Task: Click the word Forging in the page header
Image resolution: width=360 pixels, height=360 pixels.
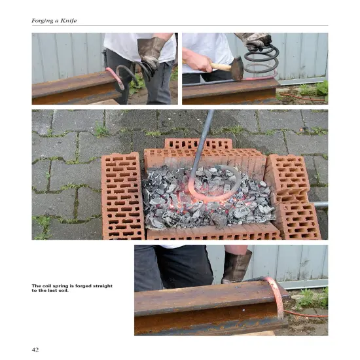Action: pyautogui.click(x=43, y=21)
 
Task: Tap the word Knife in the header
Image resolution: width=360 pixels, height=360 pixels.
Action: pyautogui.click(x=69, y=21)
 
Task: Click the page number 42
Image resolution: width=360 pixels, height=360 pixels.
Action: pyautogui.click(x=35, y=350)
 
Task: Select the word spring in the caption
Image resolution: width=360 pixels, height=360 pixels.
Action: pyautogui.click(x=63, y=286)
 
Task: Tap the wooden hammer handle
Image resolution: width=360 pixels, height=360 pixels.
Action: pyautogui.click(x=220, y=66)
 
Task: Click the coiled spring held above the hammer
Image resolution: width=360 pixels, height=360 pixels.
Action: pyautogui.click(x=261, y=59)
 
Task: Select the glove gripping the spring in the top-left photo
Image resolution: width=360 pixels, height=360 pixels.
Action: pyautogui.click(x=151, y=53)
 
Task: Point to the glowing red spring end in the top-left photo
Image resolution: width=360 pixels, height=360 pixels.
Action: pyautogui.click(x=115, y=77)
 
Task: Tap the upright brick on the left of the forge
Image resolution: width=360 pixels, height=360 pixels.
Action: pyautogui.click(x=122, y=196)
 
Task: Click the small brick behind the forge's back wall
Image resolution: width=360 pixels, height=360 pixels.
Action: pyautogui.click(x=198, y=143)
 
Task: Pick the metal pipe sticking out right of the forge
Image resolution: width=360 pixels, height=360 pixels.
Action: pyautogui.click(x=320, y=205)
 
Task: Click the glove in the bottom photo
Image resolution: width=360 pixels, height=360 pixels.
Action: pyautogui.click(x=236, y=266)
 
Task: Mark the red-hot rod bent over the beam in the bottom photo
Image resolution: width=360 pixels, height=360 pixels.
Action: pyautogui.click(x=276, y=296)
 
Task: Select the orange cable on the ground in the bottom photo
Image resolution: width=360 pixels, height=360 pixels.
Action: pyautogui.click(x=306, y=314)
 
